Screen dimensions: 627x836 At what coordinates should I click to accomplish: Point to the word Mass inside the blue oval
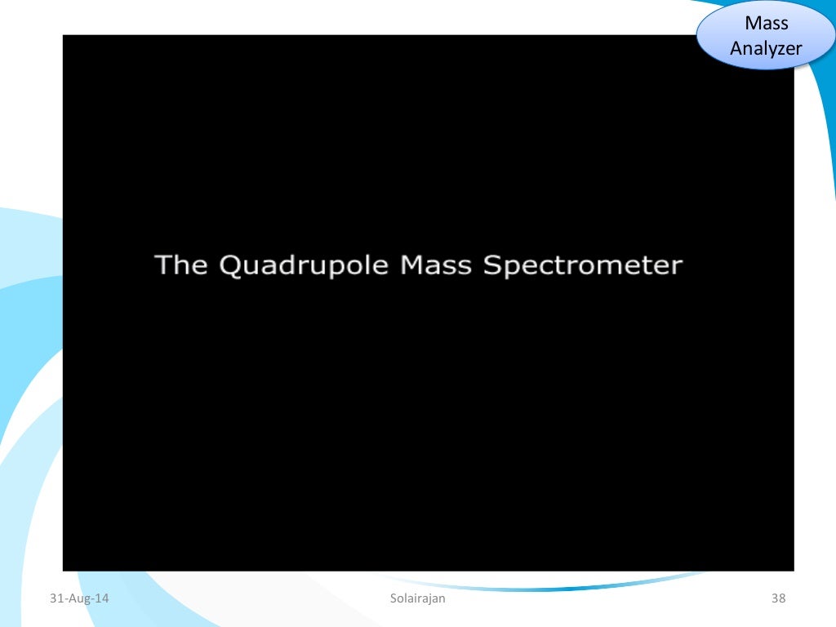[767, 24]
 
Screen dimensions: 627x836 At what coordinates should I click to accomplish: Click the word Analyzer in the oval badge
[767, 48]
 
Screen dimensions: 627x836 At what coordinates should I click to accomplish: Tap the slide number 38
[778, 599]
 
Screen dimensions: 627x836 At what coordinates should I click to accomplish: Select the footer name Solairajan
[418, 599]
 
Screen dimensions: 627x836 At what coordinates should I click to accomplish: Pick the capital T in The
[163, 265]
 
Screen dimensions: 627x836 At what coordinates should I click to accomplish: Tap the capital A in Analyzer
[736, 47]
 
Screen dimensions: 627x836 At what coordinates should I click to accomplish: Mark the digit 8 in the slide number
[782, 599]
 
